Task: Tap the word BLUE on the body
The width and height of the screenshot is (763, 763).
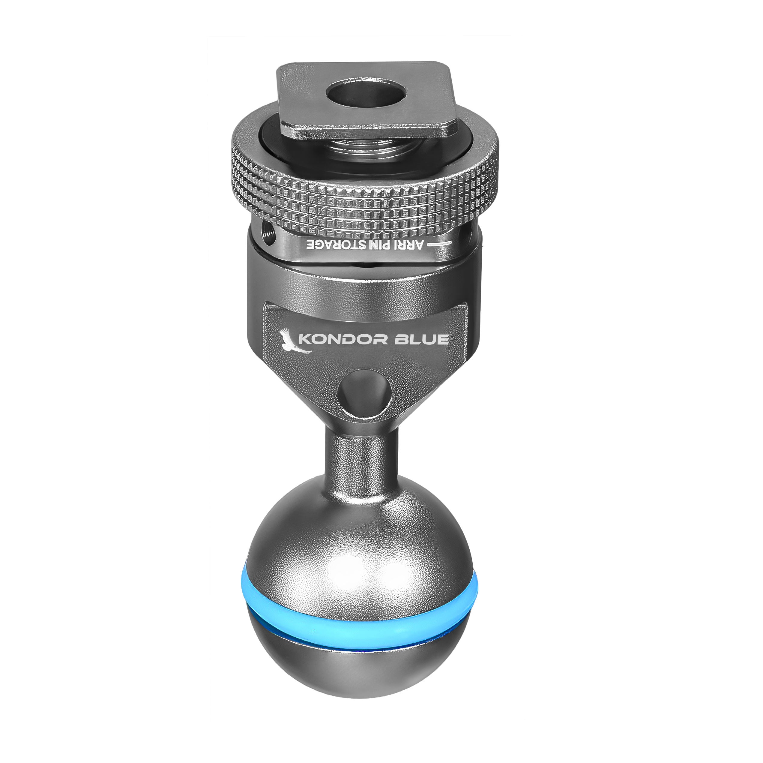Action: (x=421, y=339)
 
